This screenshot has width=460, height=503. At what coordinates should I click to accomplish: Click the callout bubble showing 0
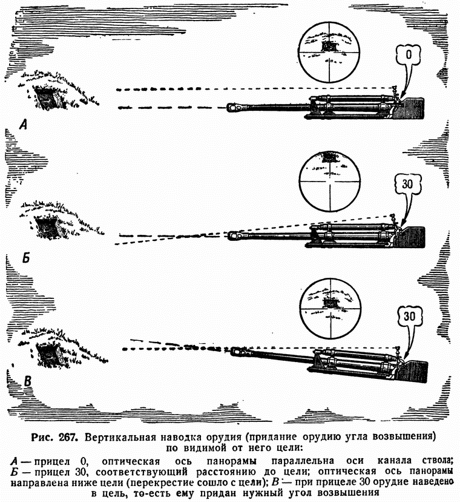pos(409,56)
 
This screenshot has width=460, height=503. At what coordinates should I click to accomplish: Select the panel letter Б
pos(26,256)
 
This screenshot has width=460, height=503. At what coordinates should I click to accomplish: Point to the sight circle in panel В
pos(330,308)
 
